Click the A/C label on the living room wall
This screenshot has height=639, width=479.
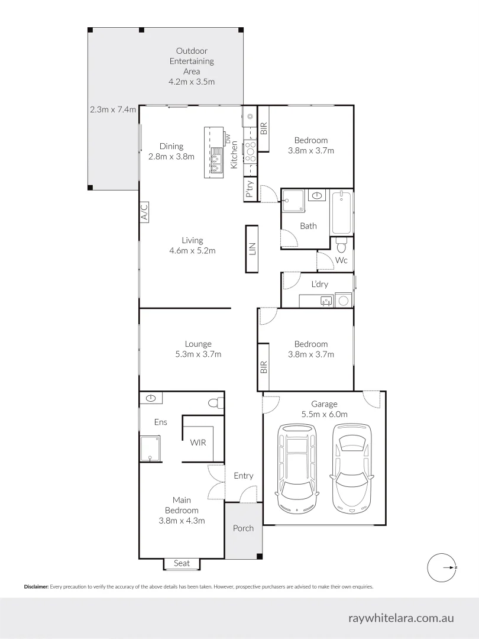point(144,212)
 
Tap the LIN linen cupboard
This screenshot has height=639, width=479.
point(252,249)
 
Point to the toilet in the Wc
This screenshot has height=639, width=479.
point(341,244)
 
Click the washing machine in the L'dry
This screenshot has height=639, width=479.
point(343,300)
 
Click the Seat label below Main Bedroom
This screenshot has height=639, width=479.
point(182,563)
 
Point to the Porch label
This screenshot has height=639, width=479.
point(243,528)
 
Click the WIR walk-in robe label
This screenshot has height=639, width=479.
point(198,442)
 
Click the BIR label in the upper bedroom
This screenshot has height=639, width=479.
point(264,128)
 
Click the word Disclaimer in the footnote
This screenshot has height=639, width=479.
point(36,587)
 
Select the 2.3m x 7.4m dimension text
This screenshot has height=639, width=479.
point(113,109)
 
